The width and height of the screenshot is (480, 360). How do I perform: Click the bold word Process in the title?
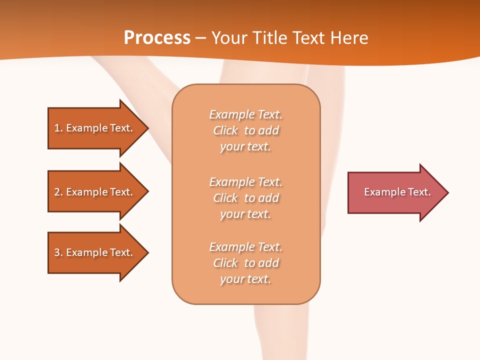(157, 38)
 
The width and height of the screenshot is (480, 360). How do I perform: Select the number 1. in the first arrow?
(58, 128)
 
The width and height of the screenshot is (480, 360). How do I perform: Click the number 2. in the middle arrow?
(58, 192)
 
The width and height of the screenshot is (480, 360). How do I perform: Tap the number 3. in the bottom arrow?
(58, 252)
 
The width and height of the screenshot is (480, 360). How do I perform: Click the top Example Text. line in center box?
(246, 114)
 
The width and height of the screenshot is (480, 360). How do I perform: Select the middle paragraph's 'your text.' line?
(245, 214)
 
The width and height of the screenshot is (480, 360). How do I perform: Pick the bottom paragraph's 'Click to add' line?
(246, 263)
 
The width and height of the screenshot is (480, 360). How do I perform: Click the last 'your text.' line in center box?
(245, 279)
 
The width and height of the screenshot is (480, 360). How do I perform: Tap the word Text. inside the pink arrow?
(419, 192)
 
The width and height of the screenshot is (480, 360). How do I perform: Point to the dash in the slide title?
(201, 38)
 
